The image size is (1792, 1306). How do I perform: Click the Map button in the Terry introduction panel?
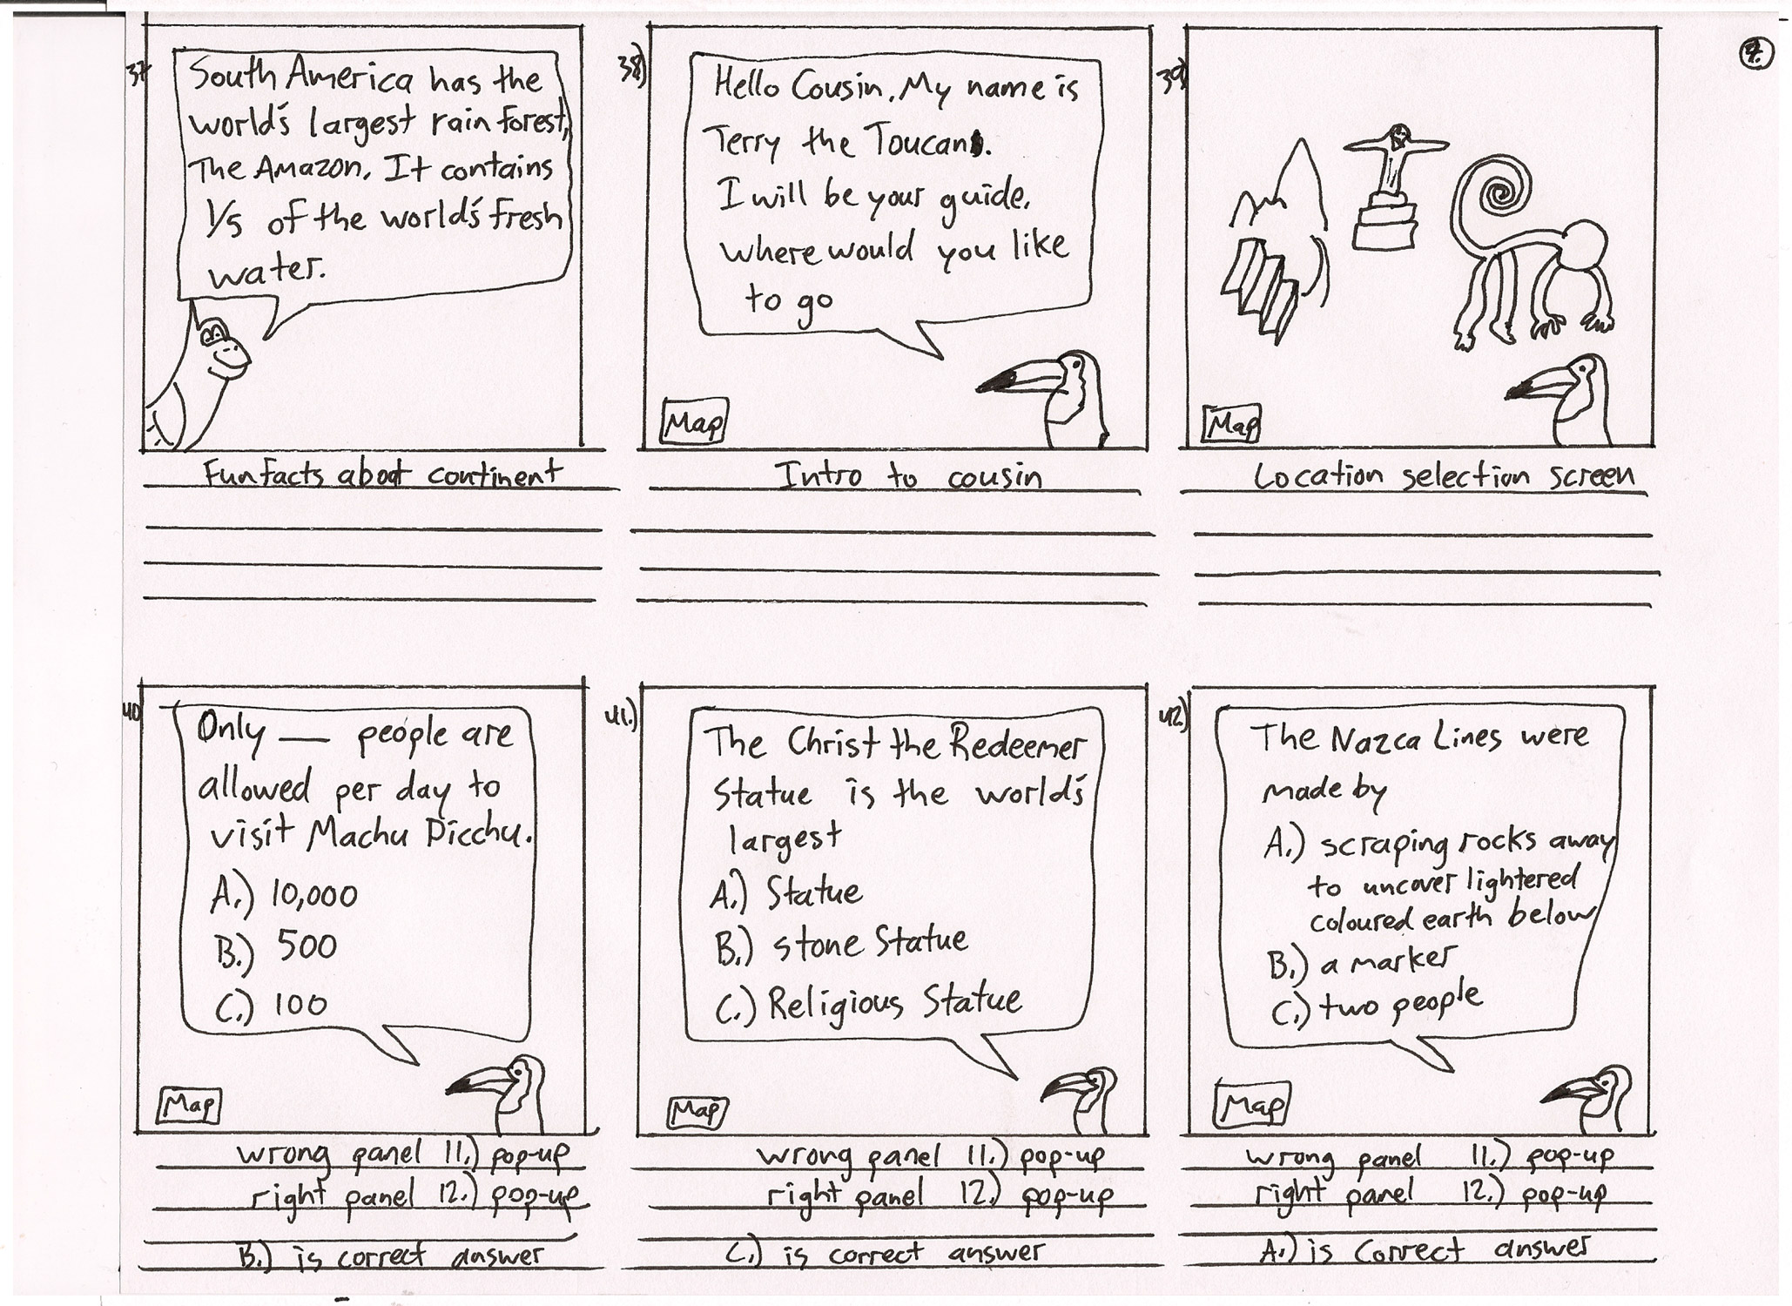[x=694, y=422]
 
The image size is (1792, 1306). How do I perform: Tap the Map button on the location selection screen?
[x=1231, y=425]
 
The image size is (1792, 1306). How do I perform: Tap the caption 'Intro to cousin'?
[x=907, y=475]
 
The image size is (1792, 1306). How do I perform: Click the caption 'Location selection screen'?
[x=1444, y=475]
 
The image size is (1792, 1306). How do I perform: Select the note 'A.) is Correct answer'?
[x=1428, y=1250]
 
